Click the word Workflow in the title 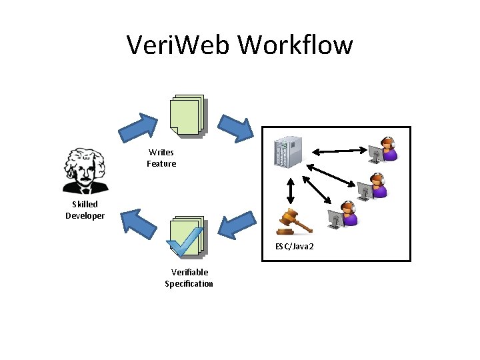point(295,45)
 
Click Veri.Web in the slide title point(179,45)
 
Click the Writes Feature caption point(161,158)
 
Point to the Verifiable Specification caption point(189,277)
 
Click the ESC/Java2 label point(295,247)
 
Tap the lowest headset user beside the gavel point(343,215)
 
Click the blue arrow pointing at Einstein point(138,223)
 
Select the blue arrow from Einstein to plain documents point(139,125)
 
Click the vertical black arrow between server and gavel point(291,192)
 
